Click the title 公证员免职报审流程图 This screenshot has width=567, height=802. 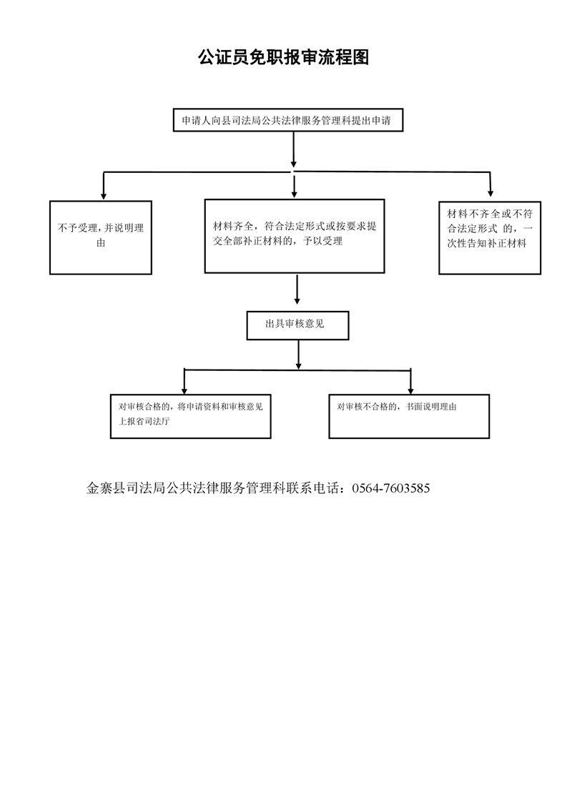tap(283, 57)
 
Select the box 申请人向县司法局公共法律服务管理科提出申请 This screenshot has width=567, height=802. tap(288, 120)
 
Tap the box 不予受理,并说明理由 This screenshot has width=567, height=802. tap(101, 237)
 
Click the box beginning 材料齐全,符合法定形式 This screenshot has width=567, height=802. tap(295, 236)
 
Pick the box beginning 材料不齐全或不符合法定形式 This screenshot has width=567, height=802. tap(490, 238)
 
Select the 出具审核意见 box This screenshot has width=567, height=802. tap(298, 325)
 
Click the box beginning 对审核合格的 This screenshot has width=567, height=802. tap(190, 416)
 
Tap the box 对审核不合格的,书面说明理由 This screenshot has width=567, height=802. tap(409, 416)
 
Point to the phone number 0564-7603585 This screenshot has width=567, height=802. tap(391, 488)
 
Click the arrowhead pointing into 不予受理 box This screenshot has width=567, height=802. tap(104, 196)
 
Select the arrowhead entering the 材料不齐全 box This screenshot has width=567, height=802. tap(490, 194)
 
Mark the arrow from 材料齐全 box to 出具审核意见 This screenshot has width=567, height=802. tap(297, 289)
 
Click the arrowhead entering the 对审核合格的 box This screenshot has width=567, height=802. tap(184, 390)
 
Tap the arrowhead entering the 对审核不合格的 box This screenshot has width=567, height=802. tap(410, 390)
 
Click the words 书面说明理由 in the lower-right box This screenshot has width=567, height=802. tap(431, 407)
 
